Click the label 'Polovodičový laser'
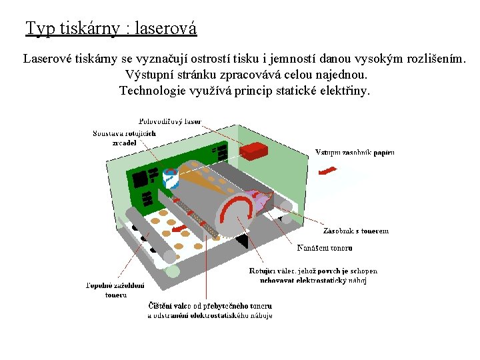pyautogui.click(x=170, y=122)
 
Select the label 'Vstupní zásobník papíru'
pyautogui.click(x=355, y=153)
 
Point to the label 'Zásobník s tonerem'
pyautogui.click(x=355, y=231)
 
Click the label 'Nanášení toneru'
pyautogui.click(x=325, y=248)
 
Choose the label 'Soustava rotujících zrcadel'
pyautogui.click(x=125, y=137)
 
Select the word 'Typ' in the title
pyautogui.click(x=40, y=29)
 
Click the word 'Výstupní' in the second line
pyautogui.click(x=149, y=75)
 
